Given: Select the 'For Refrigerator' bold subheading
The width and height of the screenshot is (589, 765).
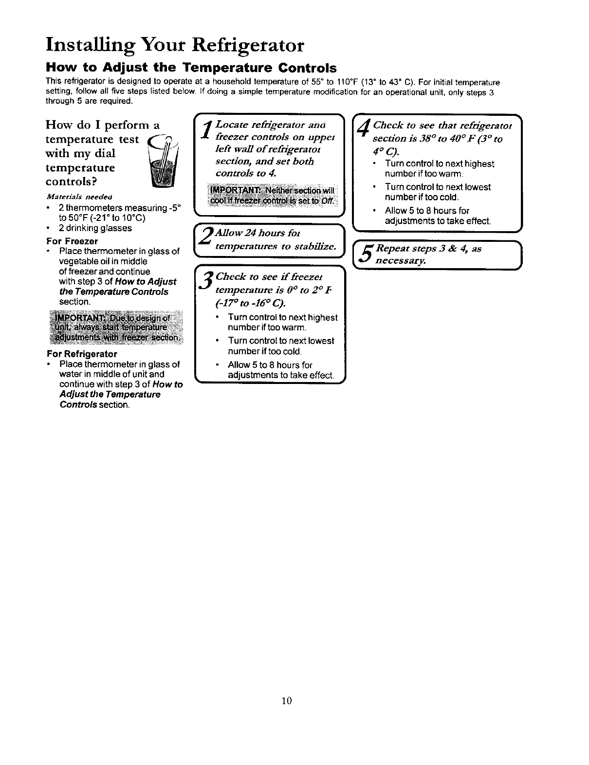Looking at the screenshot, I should (x=82, y=353).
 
